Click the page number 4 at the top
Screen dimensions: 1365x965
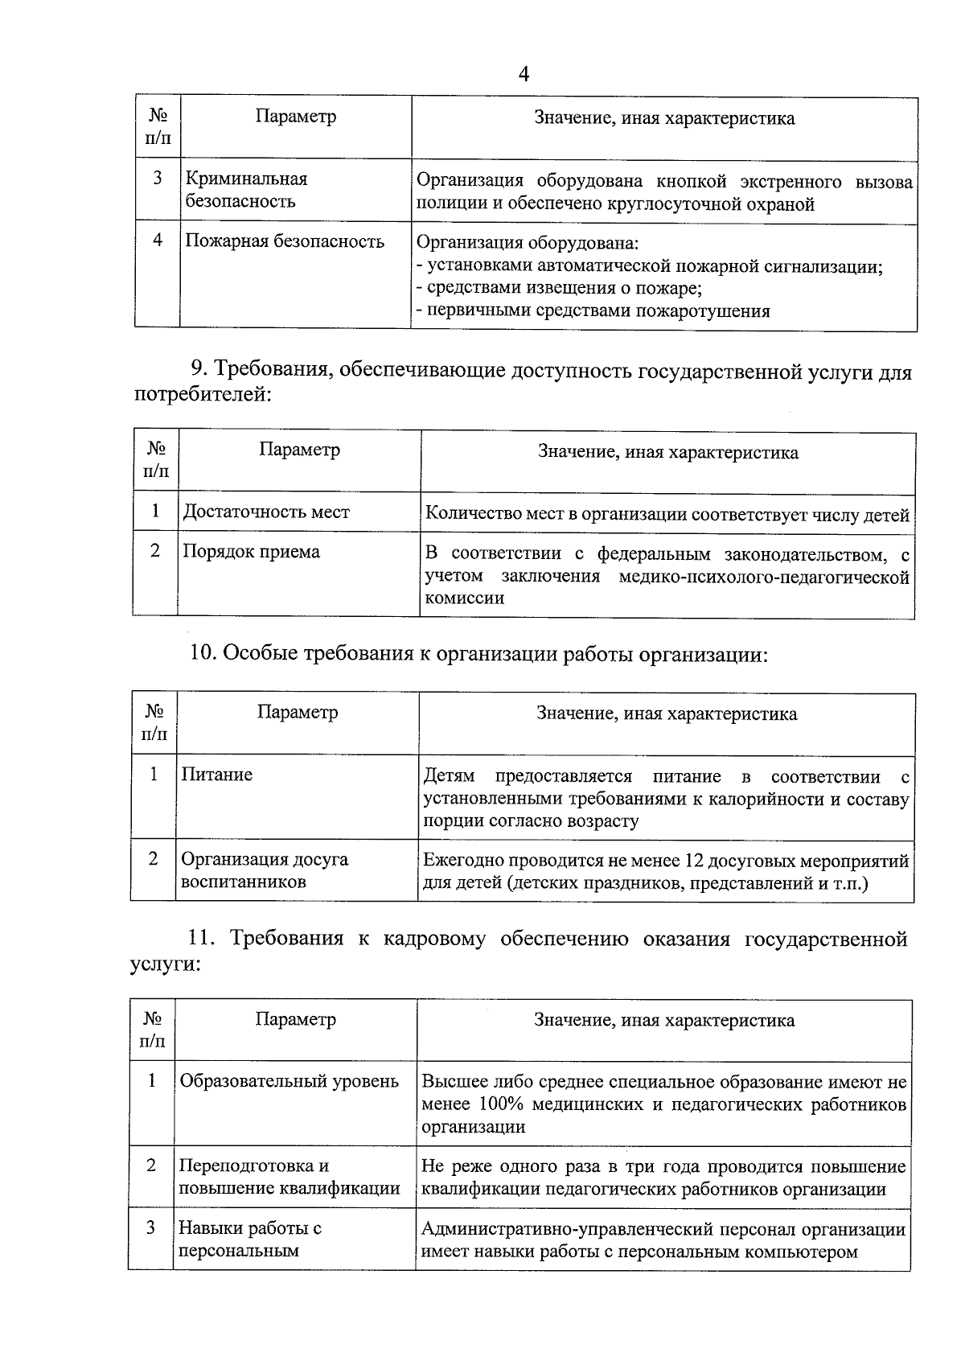(524, 75)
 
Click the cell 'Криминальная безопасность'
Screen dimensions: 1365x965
(246, 190)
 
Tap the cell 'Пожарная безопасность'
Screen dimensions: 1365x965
(285, 241)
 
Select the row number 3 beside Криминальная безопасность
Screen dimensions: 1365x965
(158, 178)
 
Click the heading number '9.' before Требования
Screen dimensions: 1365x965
(199, 371)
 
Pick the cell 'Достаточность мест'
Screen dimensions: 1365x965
(266, 512)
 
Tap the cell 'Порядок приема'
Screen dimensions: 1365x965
(251, 552)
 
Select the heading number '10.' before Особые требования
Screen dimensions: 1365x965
(203, 655)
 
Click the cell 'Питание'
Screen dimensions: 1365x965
(216, 775)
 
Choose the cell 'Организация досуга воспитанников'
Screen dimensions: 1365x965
(264, 870)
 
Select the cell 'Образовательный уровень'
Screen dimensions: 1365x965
(289, 1081)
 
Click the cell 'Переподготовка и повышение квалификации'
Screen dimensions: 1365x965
(289, 1178)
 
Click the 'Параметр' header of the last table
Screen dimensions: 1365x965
(295, 1020)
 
